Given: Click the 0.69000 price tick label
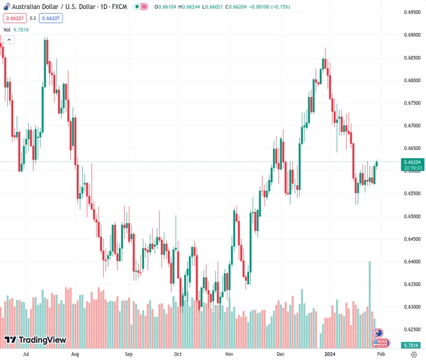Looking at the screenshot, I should pos(412,35).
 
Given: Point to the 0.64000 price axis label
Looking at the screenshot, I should pos(412,262).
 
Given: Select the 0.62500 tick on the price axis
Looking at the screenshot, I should pos(412,329).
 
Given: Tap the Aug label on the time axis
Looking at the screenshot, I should pos(75,354).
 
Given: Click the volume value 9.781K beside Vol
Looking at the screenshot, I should pos(21,29).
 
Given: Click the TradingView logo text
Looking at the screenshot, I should pos(42,340).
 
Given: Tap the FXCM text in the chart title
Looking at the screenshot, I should pos(120,7).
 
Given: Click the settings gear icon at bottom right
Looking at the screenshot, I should pos(413,354).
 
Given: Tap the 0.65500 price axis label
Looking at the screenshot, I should pos(412,193).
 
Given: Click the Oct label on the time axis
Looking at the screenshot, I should pos(177,354).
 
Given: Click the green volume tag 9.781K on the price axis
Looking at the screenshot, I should pos(412,345).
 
